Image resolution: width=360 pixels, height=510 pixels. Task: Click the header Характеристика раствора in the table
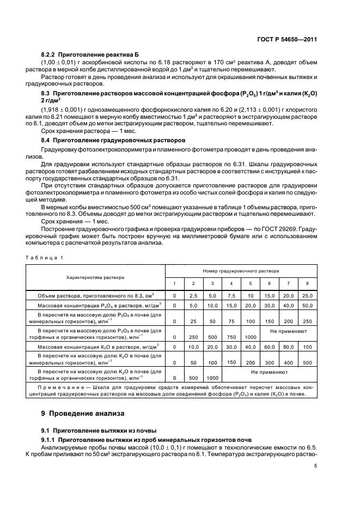pyautogui.click(x=95, y=277)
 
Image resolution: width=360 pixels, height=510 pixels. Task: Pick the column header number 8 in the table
pyautogui.click(x=307, y=283)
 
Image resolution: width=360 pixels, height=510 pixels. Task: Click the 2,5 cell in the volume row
pyautogui.click(x=192, y=295)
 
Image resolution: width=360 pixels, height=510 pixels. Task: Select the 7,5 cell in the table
pyautogui.click(x=231, y=295)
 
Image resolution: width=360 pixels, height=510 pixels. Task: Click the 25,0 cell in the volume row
pyautogui.click(x=307, y=295)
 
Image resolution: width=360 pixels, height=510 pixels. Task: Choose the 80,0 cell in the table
pyautogui.click(x=288, y=347)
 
